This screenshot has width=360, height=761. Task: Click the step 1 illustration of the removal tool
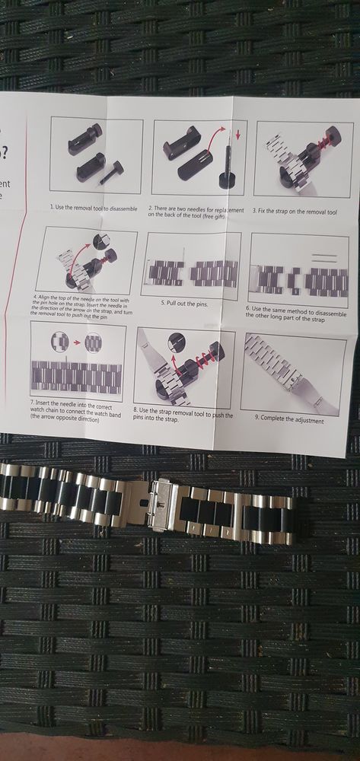[x=96, y=155]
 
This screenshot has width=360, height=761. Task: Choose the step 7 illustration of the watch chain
[x=78, y=361]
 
